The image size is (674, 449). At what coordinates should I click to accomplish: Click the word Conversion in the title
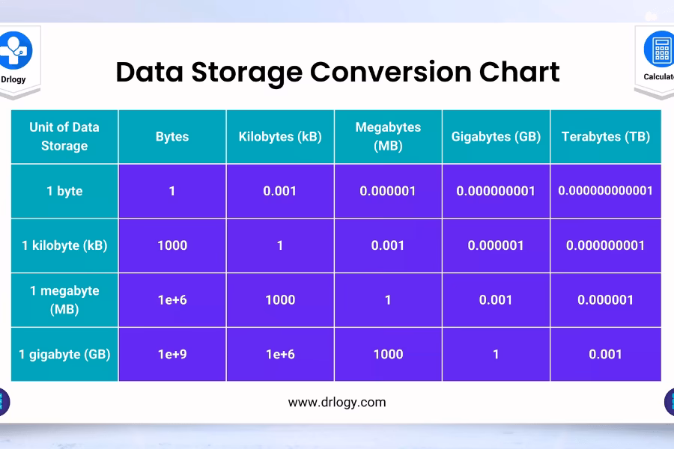(x=391, y=72)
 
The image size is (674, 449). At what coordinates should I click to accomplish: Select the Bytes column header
(x=172, y=137)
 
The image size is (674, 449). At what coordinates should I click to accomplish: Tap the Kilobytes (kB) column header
(x=280, y=137)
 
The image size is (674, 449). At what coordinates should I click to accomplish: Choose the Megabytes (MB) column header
(x=388, y=137)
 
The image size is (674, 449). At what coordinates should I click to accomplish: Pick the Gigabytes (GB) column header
(x=496, y=137)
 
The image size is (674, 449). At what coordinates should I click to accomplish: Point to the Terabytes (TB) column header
(x=606, y=137)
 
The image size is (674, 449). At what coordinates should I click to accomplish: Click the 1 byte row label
(x=64, y=191)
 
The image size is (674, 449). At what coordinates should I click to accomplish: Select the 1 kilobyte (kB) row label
(x=64, y=245)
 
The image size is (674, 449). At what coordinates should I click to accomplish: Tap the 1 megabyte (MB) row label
(x=64, y=300)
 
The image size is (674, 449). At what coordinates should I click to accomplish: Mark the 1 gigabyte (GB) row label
(x=64, y=355)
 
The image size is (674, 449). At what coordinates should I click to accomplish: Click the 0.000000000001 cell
(x=606, y=191)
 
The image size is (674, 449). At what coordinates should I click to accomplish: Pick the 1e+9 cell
(x=172, y=355)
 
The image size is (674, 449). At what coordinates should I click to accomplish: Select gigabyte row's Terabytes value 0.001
(x=606, y=355)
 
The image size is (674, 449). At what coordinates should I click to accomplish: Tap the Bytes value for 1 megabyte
(x=172, y=300)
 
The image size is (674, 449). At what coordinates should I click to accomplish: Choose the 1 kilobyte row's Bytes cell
(x=172, y=245)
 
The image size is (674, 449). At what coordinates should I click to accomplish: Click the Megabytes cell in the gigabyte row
(x=388, y=355)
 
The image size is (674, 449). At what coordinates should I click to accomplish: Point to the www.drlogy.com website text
(x=337, y=403)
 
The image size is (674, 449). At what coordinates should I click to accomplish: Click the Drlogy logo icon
(x=15, y=50)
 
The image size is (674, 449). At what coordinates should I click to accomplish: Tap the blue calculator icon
(x=659, y=49)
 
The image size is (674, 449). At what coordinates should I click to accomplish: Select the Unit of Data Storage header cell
(x=64, y=137)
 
